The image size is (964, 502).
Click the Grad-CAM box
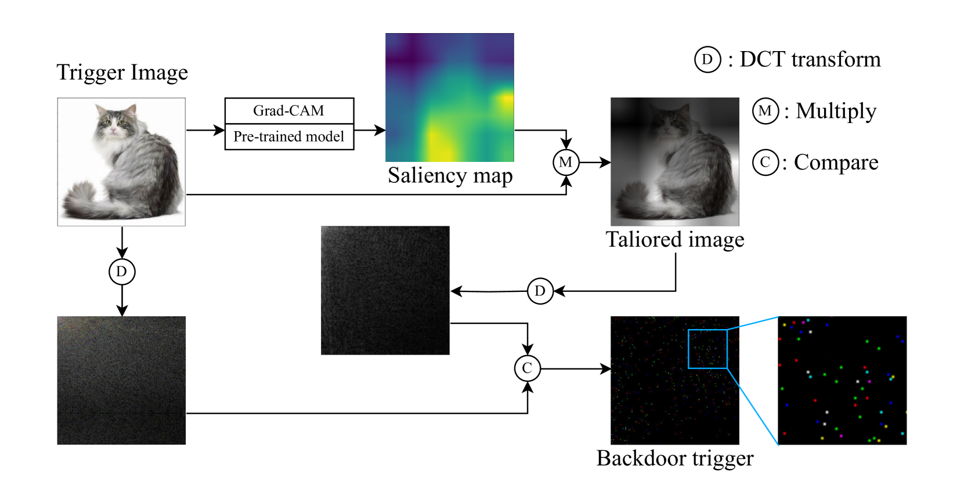[289, 111]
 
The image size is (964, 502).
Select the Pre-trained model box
[289, 137]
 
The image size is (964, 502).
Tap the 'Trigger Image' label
[122, 73]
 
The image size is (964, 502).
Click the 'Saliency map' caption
[450, 175]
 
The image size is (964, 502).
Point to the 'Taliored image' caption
[675, 240]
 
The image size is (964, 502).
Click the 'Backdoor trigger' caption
[675, 458]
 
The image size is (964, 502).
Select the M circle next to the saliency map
[566, 162]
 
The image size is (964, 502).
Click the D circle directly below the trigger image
[122, 272]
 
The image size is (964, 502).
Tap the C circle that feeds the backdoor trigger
[528, 368]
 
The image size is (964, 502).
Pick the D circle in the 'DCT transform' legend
[707, 60]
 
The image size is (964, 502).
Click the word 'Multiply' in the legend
[836, 111]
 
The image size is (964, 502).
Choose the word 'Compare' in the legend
[836, 162]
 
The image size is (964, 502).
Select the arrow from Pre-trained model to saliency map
[370, 131]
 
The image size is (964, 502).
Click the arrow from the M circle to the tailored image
[595, 162]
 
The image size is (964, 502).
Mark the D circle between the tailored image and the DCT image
[540, 291]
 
